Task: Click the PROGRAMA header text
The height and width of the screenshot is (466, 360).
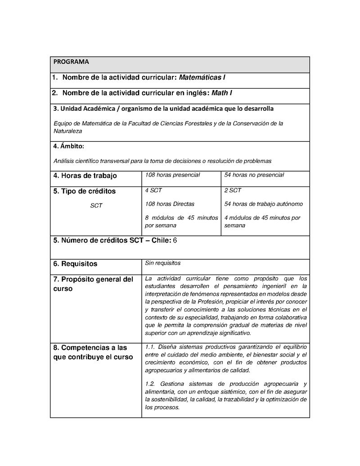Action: tap(71, 62)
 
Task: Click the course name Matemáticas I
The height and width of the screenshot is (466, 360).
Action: tap(202, 77)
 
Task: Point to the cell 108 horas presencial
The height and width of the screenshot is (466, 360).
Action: tap(172, 175)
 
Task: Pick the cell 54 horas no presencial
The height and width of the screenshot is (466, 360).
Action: tap(254, 175)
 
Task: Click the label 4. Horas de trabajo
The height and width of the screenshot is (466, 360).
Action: tap(85, 176)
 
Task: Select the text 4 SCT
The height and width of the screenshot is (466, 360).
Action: tap(153, 190)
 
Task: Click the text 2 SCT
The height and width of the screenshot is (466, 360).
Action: tap(233, 190)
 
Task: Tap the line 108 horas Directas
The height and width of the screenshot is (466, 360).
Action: tap(170, 204)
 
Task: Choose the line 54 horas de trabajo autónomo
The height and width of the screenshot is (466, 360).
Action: tap(263, 204)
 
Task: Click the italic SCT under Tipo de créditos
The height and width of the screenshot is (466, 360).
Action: tap(96, 206)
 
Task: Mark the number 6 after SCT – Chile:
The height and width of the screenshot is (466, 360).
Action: tap(175, 240)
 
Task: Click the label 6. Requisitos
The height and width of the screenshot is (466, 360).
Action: tap(75, 264)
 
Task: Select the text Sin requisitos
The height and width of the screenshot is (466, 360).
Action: tap(162, 263)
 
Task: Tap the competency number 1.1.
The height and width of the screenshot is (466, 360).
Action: tap(150, 347)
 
